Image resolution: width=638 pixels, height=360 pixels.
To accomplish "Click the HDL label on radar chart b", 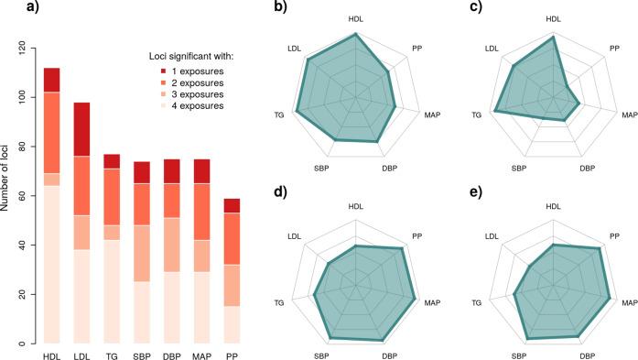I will tap(356, 19).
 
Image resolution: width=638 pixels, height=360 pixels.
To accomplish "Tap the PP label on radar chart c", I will tap(615, 48).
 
